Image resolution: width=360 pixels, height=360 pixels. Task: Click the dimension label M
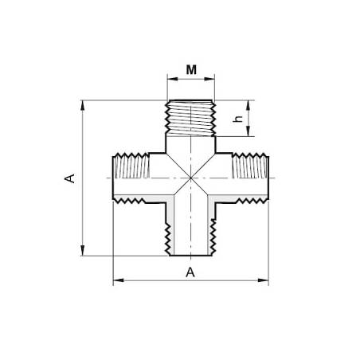tap(191, 70)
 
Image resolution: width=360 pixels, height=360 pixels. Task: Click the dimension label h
tap(238, 119)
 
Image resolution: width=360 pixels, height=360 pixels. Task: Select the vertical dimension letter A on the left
tap(69, 178)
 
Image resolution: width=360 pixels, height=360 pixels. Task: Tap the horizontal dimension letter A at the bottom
tap(190, 272)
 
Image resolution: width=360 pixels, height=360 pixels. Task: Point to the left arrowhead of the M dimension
tap(172, 79)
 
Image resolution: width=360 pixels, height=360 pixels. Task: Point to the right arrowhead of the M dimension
tap(209, 79)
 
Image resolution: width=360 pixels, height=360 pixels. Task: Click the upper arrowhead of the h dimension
tap(248, 105)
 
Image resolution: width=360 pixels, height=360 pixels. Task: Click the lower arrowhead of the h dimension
tap(248, 131)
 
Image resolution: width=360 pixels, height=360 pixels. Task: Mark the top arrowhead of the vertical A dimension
tap(83, 105)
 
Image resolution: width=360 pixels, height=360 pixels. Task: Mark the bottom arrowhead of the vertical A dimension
tap(83, 251)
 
